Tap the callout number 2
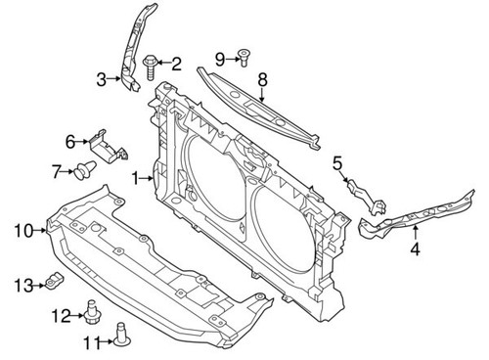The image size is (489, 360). point(177,65)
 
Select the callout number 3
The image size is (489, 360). point(101,80)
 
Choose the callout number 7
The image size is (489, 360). point(56,173)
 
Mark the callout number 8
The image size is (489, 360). point(261,77)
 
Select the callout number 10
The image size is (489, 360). point(22,230)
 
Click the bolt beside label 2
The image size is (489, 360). point(153,67)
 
